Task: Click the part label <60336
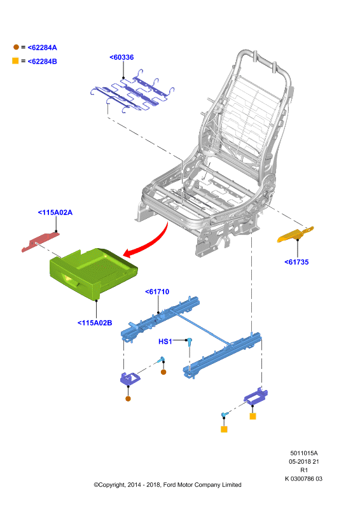(121, 57)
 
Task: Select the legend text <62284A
(42, 48)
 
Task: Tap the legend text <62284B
(42, 61)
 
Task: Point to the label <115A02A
(55, 213)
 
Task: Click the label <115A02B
(95, 323)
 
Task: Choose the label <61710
(157, 291)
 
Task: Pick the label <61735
(296, 262)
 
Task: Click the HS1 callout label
(165, 342)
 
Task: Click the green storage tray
(94, 272)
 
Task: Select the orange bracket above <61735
(295, 234)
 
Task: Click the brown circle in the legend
(16, 47)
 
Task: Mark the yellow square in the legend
(15, 60)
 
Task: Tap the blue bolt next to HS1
(189, 341)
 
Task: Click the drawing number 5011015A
(304, 453)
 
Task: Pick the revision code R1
(304, 470)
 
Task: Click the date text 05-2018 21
(304, 462)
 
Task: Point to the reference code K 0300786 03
(304, 478)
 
